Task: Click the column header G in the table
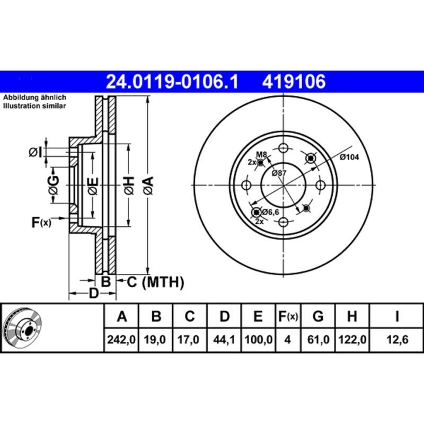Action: (x=318, y=317)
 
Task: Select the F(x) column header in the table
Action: (x=288, y=317)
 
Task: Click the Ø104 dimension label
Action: (x=349, y=157)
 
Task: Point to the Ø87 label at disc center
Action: (x=279, y=173)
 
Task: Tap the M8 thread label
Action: (x=261, y=154)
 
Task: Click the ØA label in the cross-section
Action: (x=148, y=185)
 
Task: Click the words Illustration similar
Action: (x=35, y=106)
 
